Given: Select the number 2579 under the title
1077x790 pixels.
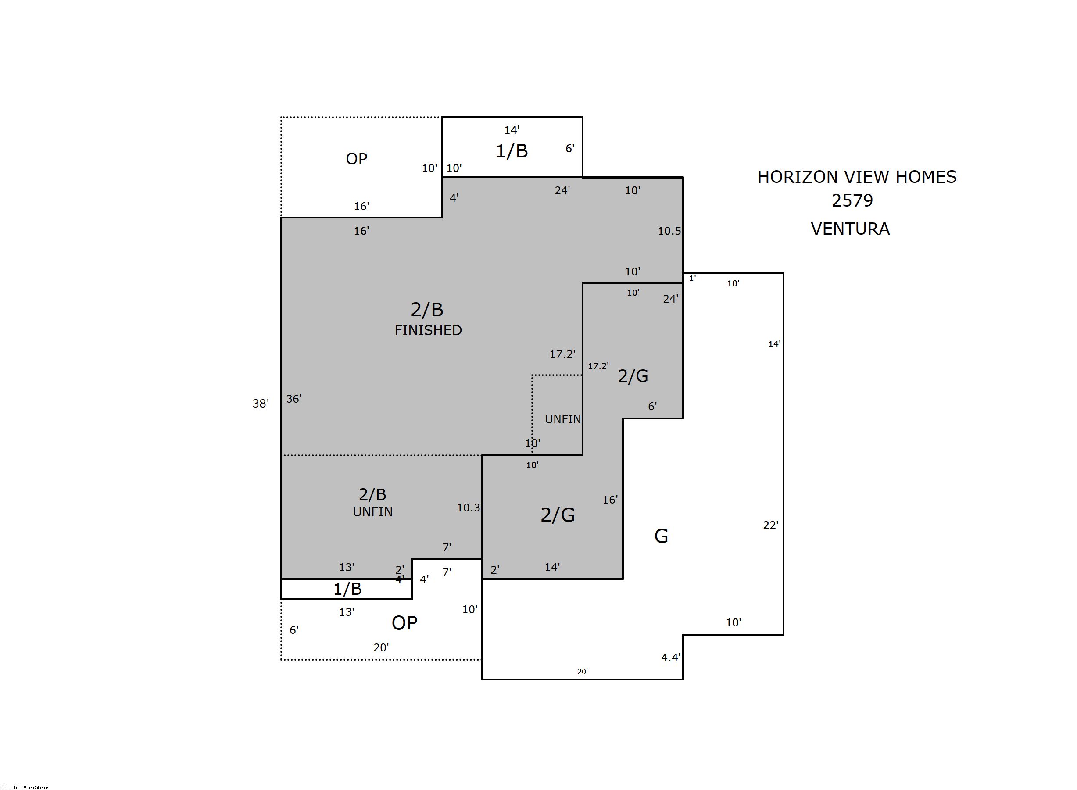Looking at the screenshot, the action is click(x=852, y=200).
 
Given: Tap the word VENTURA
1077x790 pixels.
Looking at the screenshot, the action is click(x=850, y=229).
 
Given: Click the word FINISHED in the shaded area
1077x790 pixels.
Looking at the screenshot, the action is click(x=428, y=330).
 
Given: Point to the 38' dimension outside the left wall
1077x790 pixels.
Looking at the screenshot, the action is click(x=261, y=403).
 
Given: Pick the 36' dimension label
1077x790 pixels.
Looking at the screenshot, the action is click(x=293, y=398).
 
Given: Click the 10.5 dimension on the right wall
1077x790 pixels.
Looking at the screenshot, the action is click(x=669, y=231).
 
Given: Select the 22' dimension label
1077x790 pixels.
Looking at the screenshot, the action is click(x=770, y=525).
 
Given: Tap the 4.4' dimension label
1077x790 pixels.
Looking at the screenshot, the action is click(x=670, y=658).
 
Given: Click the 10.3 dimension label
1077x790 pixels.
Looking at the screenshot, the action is click(x=468, y=508).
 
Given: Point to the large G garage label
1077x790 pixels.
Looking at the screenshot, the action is click(x=661, y=536).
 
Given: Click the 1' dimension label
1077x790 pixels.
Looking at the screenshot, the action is click(x=692, y=278).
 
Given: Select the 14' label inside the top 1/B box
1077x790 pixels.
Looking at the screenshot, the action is click(x=512, y=129).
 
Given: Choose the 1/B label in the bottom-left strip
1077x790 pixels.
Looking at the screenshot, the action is click(x=347, y=589).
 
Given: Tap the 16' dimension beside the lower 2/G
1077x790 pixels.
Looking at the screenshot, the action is click(x=610, y=500).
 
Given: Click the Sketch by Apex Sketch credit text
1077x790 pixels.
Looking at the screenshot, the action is click(x=26, y=787).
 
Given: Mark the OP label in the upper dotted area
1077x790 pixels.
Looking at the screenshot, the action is click(x=356, y=159).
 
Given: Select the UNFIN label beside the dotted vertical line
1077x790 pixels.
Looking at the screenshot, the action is click(x=563, y=419).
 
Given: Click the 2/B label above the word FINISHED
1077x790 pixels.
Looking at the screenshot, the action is click(x=427, y=310).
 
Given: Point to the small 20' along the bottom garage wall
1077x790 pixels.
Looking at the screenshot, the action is click(x=583, y=672).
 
